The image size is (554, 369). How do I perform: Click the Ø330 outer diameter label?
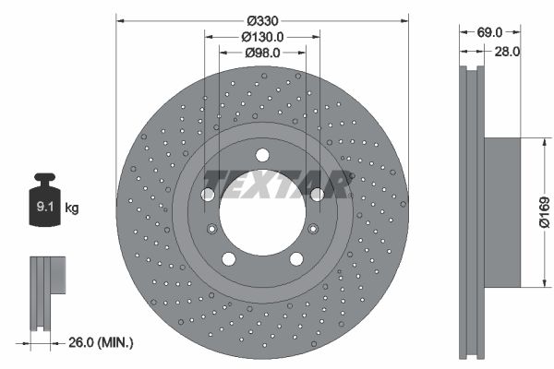[263, 18]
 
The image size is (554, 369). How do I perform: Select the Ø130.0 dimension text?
[262, 36]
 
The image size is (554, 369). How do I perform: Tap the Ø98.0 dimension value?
[262, 54]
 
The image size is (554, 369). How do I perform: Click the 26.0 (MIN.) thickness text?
[101, 342]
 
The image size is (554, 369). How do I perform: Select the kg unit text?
[72, 208]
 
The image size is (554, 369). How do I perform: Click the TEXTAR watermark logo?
[276, 184]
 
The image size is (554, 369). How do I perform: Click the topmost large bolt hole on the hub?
[262, 155]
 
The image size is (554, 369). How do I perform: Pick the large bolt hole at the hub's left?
[208, 195]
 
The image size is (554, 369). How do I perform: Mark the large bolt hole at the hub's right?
[318, 194]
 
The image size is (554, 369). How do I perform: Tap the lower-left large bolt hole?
[228, 258]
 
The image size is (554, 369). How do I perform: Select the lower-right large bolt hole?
[295, 258]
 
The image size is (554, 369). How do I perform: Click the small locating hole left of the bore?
[212, 230]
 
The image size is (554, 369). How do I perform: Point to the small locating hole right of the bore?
[312, 229]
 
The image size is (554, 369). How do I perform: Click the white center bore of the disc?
[262, 217]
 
